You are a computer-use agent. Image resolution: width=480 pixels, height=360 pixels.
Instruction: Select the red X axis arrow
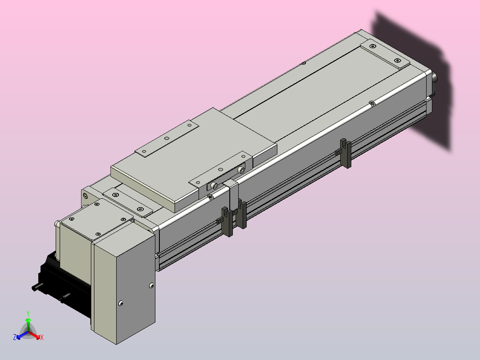click(34, 335)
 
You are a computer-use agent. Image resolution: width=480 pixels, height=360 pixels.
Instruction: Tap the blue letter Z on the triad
click(15, 337)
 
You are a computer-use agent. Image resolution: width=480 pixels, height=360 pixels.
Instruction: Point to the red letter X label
click(42, 337)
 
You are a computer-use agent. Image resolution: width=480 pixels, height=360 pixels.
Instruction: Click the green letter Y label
click(28, 313)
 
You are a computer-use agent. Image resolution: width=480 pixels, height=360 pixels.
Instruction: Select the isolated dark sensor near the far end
click(346, 153)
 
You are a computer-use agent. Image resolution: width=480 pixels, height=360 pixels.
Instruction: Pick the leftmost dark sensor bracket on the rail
click(227, 221)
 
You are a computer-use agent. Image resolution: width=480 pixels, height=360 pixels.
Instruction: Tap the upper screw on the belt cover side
click(151, 286)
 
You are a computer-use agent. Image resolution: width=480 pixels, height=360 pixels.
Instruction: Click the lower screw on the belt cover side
click(121, 303)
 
